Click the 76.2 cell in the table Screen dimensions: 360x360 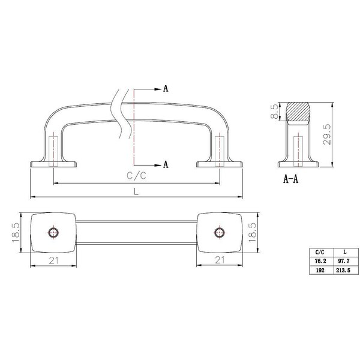(321, 261)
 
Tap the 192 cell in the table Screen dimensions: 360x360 (320, 270)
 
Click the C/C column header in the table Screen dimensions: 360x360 (320, 252)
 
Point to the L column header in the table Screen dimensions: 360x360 (345, 252)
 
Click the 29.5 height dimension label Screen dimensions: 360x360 (327, 134)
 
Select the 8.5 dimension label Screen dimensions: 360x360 (275, 112)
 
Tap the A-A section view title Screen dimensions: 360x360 (290, 179)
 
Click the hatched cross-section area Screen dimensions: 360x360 (298, 112)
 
